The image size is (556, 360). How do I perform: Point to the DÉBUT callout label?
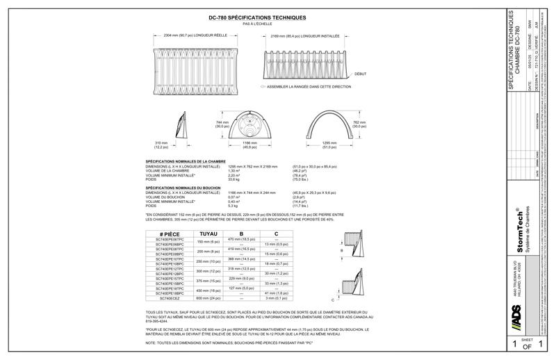(360, 73)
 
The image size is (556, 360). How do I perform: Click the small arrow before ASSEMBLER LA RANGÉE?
(263, 87)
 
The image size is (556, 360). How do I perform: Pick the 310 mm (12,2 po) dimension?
(161, 145)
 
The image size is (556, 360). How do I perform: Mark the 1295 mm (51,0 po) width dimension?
(329, 145)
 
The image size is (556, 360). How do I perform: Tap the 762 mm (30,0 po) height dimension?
(359, 124)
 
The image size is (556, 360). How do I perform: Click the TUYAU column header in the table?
(208, 234)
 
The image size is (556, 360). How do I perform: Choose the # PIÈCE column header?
(170, 234)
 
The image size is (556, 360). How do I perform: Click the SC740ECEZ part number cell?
(170, 298)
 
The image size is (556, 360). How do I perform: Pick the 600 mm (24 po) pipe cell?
(208, 298)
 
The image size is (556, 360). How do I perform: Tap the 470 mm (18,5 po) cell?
(239, 239)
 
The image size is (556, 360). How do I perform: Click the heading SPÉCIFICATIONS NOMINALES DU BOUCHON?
(182, 188)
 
